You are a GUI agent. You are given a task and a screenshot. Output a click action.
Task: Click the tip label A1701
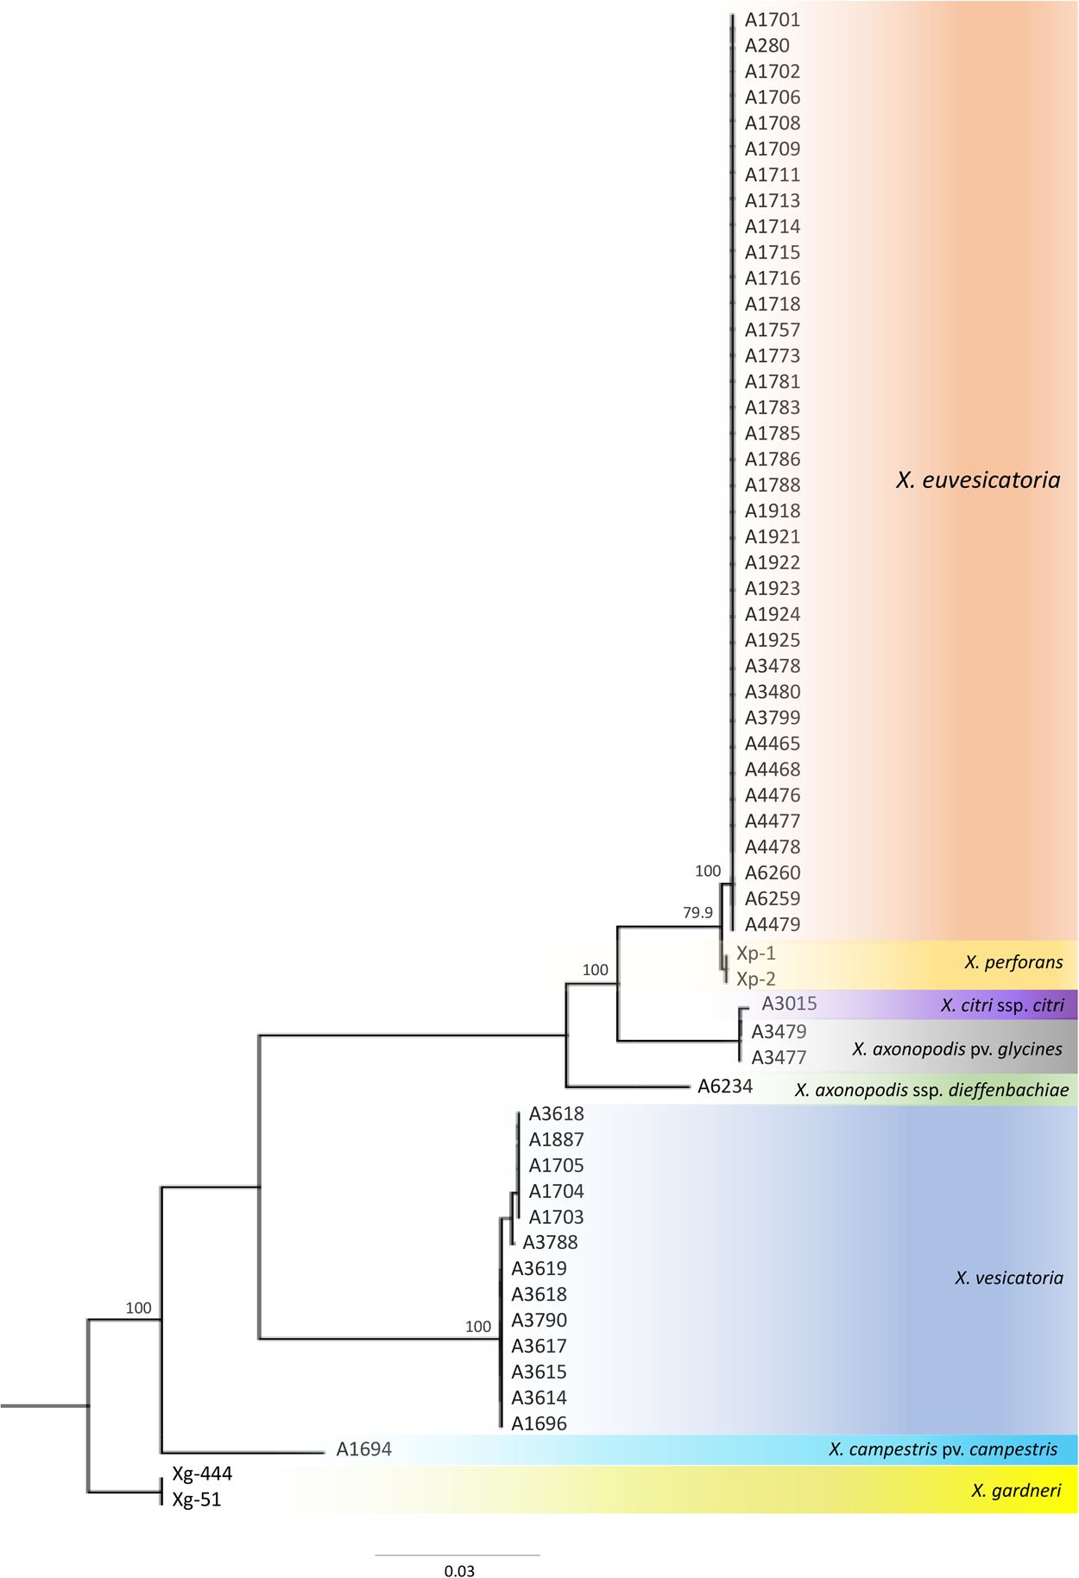[x=772, y=20]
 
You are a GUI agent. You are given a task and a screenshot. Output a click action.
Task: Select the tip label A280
[x=767, y=46]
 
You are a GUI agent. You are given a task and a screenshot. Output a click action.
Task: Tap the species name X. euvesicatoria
[x=977, y=480]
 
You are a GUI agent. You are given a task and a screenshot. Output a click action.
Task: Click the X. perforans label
[x=1013, y=962]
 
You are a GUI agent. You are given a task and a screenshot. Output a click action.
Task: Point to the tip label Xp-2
[x=755, y=979]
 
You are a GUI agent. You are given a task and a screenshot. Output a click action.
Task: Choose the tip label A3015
[x=788, y=1004]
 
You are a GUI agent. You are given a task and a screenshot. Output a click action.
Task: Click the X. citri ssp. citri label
[x=1002, y=1005]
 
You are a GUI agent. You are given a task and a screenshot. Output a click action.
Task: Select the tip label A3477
[x=779, y=1057]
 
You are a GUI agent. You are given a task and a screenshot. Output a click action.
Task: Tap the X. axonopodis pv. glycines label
[x=956, y=1049]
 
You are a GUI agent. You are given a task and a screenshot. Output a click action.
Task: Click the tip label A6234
[x=725, y=1087]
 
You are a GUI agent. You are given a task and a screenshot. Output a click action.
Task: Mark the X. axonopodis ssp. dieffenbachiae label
[x=931, y=1091]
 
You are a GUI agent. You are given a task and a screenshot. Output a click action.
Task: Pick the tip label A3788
[x=550, y=1243]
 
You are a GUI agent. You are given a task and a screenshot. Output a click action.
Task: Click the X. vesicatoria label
[x=1008, y=1278]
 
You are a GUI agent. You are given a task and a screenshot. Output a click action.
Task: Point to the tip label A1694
[x=363, y=1449]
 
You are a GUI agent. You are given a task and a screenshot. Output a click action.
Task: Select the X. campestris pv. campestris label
[x=943, y=1449]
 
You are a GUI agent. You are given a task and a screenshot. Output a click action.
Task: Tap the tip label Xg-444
[x=202, y=1474]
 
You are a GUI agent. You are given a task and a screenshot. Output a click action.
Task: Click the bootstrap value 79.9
[x=697, y=913]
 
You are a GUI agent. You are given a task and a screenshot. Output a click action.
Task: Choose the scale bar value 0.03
[x=459, y=1571]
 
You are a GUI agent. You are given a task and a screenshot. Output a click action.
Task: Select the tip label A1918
[x=772, y=511]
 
